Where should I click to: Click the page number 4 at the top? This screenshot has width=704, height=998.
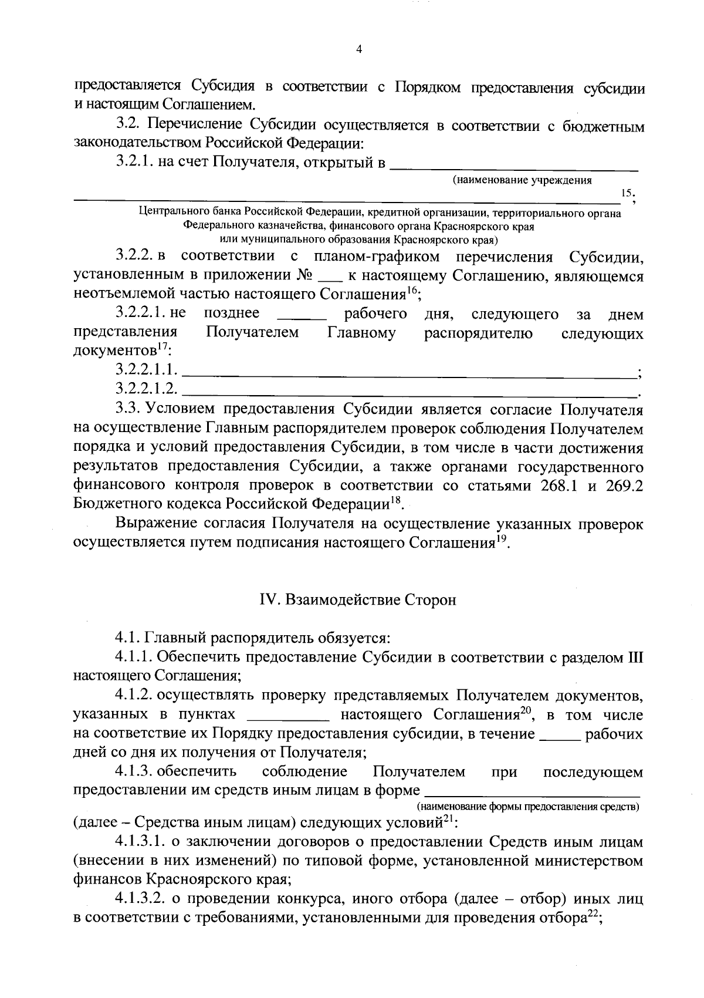[x=359, y=50]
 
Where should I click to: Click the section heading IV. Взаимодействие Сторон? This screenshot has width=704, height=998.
[x=358, y=601]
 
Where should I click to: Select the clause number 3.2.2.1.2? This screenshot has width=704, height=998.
[x=147, y=388]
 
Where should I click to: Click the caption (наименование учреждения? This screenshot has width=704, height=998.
[x=522, y=180]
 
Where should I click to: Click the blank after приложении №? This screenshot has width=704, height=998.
[x=333, y=277]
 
